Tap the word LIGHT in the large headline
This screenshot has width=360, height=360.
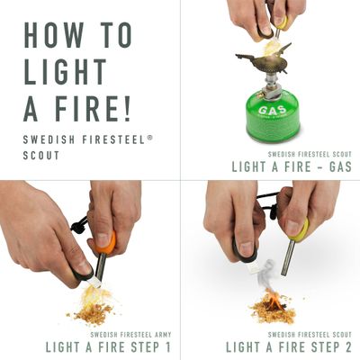click(x=62, y=71)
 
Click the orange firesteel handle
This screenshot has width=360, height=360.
click(x=106, y=242)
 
